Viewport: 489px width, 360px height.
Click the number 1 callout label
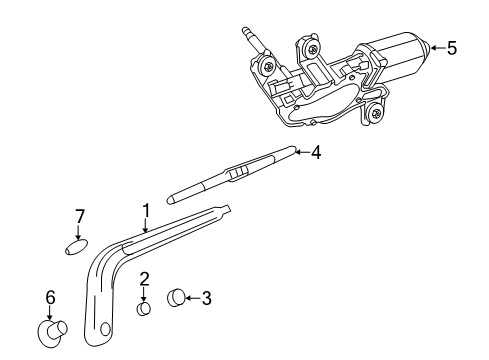145,211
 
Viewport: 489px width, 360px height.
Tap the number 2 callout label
144,279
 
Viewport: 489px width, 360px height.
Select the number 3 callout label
206,296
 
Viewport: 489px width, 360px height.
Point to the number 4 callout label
315,153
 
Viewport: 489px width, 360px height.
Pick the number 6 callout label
49,297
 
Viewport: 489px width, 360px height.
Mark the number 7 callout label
81,216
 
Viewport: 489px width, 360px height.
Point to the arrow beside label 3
193,296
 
